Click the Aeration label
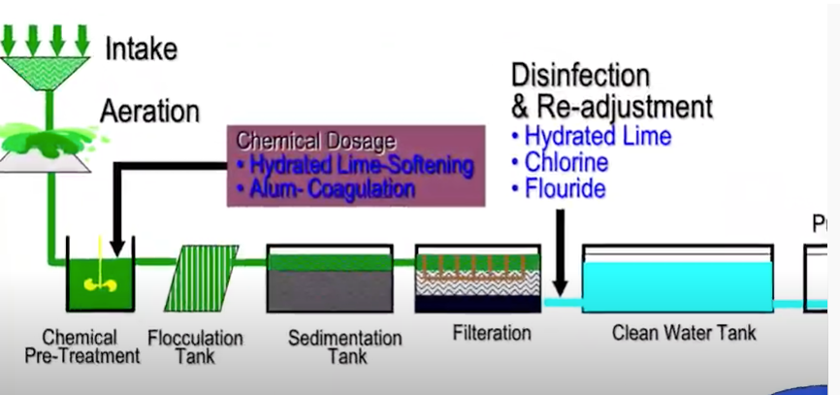[x=150, y=111]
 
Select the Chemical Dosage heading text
[x=315, y=141]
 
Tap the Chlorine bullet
[x=566, y=161]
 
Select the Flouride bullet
[x=565, y=188]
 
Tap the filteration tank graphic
[x=477, y=279]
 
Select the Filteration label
[x=492, y=333]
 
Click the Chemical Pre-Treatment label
[x=82, y=346]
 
